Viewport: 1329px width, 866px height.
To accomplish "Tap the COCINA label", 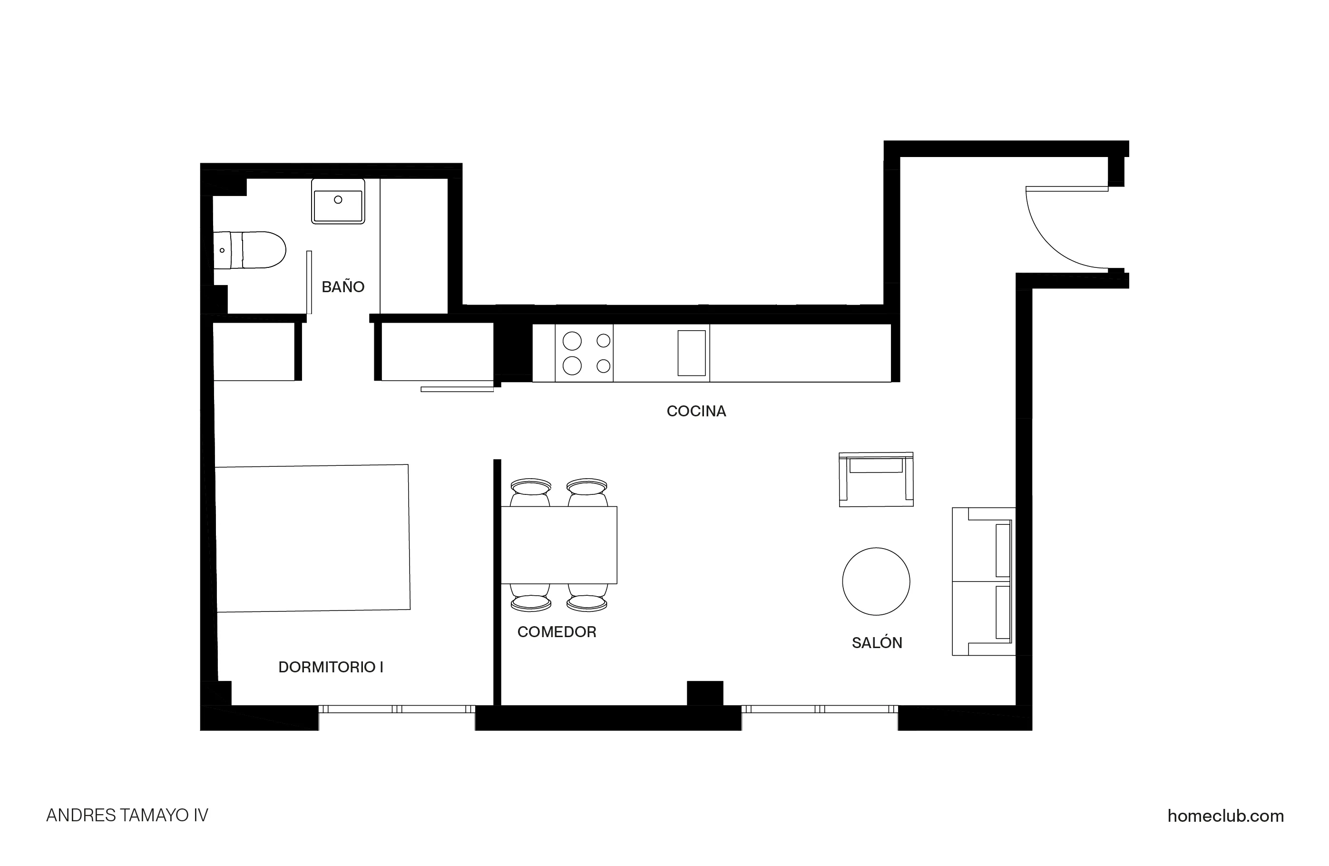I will click(696, 411).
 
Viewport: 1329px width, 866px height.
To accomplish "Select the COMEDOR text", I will click(556, 632).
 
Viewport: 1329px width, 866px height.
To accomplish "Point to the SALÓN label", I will click(877, 643).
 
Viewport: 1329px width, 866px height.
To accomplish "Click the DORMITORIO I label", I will click(331, 667).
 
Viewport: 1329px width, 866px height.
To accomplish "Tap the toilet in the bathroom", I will click(251, 250).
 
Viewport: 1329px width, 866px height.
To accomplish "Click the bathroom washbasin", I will click(338, 202).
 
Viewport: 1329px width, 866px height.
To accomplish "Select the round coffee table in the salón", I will click(876, 581).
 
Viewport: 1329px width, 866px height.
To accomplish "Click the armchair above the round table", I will click(876, 479).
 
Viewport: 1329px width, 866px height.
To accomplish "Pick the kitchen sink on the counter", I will click(691, 353).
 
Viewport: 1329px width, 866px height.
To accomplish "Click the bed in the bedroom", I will click(313, 538).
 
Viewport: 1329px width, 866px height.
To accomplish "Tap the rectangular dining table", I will click(558, 545).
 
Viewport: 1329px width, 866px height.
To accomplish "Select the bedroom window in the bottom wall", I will click(397, 709).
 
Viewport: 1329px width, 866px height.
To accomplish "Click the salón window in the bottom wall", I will click(820, 709).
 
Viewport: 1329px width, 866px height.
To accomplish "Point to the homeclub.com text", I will click(1225, 816).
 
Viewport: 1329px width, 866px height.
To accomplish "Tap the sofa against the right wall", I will click(983, 581).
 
